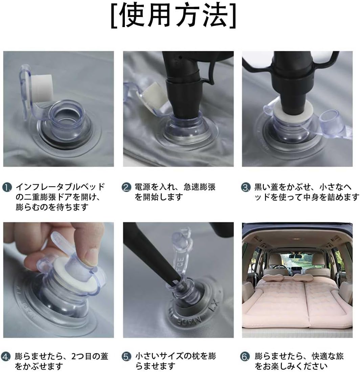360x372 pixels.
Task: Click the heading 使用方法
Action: pos(174,16)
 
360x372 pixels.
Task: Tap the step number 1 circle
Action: pos(7,187)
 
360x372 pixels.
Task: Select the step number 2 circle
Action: pos(126,187)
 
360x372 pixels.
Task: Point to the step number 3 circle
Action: pos(246,187)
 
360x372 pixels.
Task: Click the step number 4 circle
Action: pos(6,356)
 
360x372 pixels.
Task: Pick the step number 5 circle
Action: pos(126,356)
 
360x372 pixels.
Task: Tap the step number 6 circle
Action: pos(246,356)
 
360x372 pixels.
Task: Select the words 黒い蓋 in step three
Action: pos(266,187)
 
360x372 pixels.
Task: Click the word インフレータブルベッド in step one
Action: pos(60,187)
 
